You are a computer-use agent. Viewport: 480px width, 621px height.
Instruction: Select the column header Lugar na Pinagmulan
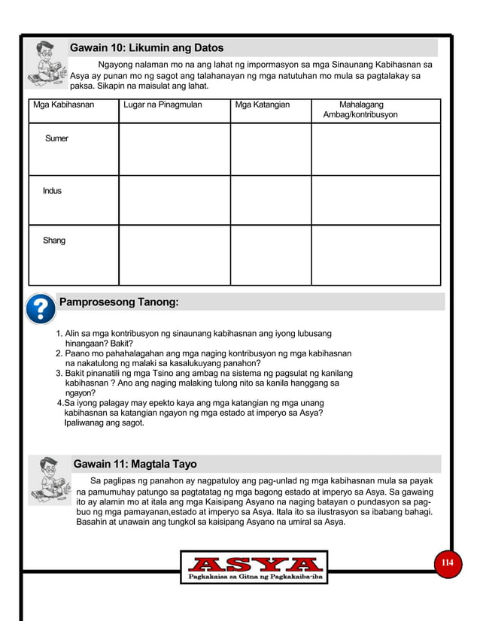click(x=163, y=105)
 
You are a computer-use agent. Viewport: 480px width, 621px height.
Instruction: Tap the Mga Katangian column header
click(x=262, y=105)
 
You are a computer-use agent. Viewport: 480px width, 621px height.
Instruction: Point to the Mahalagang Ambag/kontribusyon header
click(x=360, y=110)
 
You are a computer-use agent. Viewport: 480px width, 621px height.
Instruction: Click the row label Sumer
click(x=56, y=139)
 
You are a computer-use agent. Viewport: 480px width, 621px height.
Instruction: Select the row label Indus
click(x=52, y=191)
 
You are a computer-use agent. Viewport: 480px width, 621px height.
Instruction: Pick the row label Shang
click(x=53, y=241)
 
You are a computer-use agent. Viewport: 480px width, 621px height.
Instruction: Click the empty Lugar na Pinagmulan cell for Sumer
click(x=174, y=149)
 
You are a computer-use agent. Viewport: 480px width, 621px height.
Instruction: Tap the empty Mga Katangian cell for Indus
click(x=270, y=200)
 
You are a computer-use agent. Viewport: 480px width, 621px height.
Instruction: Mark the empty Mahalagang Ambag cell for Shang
click(x=375, y=255)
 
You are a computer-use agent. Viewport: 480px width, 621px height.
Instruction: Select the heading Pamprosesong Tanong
click(x=119, y=302)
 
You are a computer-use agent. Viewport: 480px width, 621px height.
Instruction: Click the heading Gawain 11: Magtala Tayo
click(x=135, y=464)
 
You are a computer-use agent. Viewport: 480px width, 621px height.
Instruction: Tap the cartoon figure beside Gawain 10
click(x=45, y=64)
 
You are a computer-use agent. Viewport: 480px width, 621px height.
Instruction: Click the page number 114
click(x=448, y=563)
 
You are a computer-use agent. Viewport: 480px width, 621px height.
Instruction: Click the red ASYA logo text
click(x=254, y=565)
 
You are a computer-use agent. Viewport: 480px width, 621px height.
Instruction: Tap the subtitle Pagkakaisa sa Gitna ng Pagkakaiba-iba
click(x=254, y=577)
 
